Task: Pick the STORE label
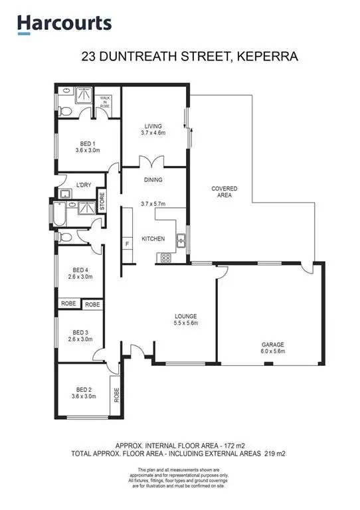(x=102, y=201)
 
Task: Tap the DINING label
(x=153, y=179)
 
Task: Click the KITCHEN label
(x=153, y=238)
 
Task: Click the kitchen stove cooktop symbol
(x=165, y=258)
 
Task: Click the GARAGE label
(x=272, y=344)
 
